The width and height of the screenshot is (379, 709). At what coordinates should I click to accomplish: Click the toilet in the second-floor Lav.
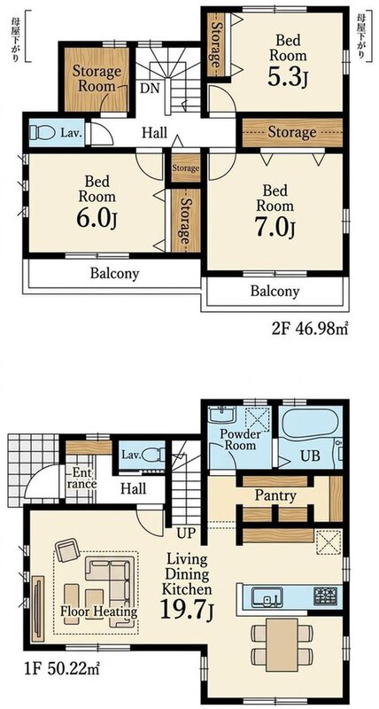pos(42,132)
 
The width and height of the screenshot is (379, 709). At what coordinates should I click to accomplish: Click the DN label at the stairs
pos(150,88)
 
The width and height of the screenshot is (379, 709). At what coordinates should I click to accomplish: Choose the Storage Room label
pos(97,78)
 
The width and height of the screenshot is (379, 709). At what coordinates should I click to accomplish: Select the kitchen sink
pos(267,596)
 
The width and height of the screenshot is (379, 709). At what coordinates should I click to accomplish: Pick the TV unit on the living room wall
pos(37,609)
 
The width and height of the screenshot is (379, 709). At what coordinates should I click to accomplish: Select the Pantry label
pos(275,495)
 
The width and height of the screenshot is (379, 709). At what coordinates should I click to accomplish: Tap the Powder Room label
pos(241,440)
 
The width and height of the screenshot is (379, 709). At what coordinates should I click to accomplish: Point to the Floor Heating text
pos(99,612)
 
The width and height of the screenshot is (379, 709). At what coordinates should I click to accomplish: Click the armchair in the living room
pos(67,550)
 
